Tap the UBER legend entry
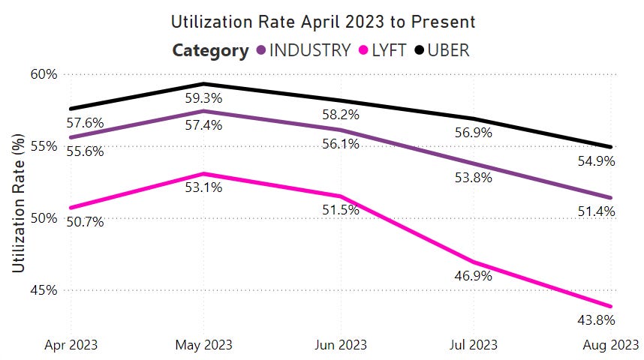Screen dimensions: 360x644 point(449,50)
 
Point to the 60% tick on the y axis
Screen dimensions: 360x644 point(44,74)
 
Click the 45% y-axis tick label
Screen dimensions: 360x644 point(44,290)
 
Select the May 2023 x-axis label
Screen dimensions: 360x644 point(204,346)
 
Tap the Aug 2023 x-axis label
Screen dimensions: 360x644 point(612,346)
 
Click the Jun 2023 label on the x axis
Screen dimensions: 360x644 point(339,346)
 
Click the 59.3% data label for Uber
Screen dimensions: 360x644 point(204,97)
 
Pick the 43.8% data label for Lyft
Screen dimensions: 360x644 point(597,320)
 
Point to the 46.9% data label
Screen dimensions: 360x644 point(474,276)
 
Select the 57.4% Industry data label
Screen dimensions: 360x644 point(204,125)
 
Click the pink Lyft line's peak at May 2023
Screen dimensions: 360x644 point(204,174)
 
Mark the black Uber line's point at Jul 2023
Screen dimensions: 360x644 point(474,118)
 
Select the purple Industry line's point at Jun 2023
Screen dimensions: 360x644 point(339,130)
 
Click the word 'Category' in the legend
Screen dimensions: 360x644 point(210,50)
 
